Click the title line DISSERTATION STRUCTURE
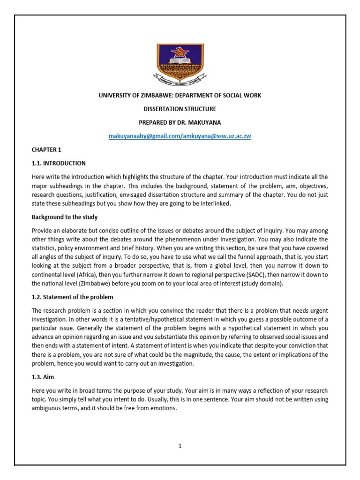[180, 109]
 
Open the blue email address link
[180, 136]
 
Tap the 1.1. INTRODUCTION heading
[59, 163]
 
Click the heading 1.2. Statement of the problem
[72, 297]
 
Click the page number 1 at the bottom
[180, 446]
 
